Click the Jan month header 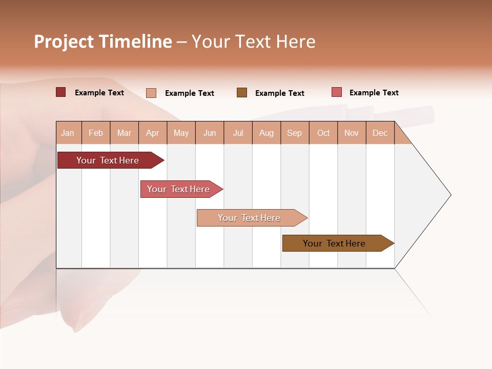(68, 133)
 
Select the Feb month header (96, 133)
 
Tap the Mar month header (124, 133)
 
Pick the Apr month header (153, 133)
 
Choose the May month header (181, 133)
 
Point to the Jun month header (210, 133)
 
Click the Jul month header (238, 133)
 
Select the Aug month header (266, 133)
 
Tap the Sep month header (295, 133)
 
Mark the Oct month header (323, 133)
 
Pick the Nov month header (352, 133)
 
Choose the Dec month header (380, 133)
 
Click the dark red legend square (61, 92)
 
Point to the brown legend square (242, 93)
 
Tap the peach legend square (151, 93)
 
